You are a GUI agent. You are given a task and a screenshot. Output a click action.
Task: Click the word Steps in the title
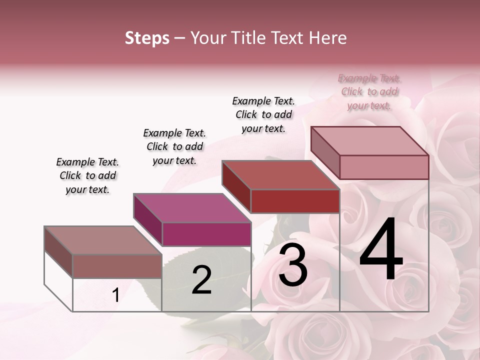(x=147, y=38)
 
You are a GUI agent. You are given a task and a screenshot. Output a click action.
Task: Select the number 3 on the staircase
(x=293, y=265)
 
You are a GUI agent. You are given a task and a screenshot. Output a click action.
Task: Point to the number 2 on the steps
(x=201, y=280)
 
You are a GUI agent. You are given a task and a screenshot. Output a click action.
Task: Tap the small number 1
(x=116, y=295)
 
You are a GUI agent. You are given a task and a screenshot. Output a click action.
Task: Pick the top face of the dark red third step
(x=280, y=175)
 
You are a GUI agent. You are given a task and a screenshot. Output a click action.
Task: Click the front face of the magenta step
(x=206, y=234)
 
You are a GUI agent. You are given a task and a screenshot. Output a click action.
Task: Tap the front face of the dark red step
(x=295, y=201)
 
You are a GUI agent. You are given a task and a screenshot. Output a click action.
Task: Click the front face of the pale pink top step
(x=384, y=167)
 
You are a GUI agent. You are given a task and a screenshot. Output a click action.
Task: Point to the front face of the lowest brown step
(x=117, y=266)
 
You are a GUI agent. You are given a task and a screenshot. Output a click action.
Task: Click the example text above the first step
(x=87, y=175)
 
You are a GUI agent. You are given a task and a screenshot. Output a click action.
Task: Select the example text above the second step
(x=174, y=146)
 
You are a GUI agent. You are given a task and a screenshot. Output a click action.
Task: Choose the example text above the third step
(x=263, y=114)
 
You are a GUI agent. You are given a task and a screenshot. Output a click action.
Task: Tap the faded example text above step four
(x=369, y=91)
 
